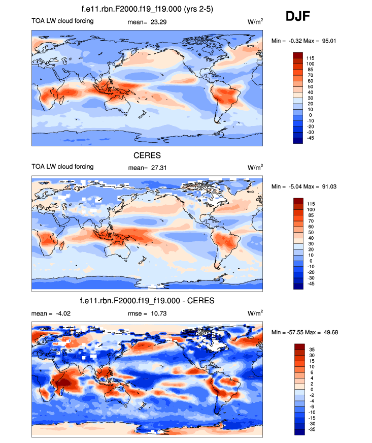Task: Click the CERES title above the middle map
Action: point(147,155)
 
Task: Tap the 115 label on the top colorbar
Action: point(310,58)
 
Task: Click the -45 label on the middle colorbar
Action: point(310,284)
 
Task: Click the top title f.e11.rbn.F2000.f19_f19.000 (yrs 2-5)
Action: point(147,9)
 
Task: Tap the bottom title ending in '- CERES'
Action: point(147,301)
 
